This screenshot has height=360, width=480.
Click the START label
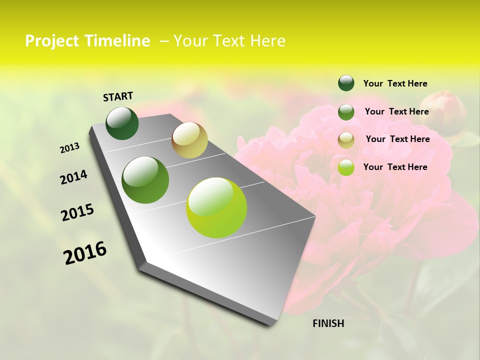[x=118, y=96]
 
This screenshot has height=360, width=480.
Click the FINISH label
[x=328, y=323]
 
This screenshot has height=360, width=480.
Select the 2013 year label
[x=70, y=148]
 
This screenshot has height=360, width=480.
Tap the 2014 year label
[x=73, y=177]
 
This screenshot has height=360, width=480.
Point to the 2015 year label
[x=77, y=212]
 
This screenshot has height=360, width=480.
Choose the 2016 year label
[x=85, y=252]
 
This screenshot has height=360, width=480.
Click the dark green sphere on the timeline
[x=122, y=123]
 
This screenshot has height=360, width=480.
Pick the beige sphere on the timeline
[x=189, y=139]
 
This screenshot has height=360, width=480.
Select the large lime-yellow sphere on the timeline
[x=216, y=207]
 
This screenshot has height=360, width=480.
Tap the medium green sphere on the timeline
[x=145, y=180]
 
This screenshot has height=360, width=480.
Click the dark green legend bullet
[x=346, y=83]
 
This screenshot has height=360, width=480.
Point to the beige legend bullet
[x=346, y=140]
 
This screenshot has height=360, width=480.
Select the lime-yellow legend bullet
[x=346, y=167]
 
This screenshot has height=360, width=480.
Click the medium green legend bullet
[x=346, y=112]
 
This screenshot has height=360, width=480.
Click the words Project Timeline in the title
[x=87, y=41]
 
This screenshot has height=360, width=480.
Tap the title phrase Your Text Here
[x=229, y=41]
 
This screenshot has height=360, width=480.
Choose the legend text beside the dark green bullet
[x=395, y=83]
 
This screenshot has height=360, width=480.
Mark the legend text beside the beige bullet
[x=397, y=139]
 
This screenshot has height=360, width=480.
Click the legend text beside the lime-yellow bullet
[x=395, y=167]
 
